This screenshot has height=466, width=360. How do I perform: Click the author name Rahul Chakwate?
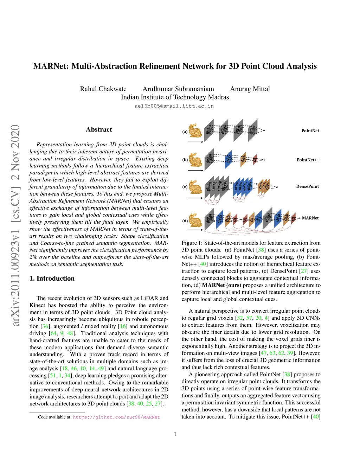click(x=103, y=89)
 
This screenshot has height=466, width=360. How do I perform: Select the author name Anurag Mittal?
click(x=250, y=89)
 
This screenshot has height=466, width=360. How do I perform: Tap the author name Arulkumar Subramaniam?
click(x=178, y=89)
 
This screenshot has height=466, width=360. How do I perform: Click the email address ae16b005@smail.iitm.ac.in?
click(x=174, y=106)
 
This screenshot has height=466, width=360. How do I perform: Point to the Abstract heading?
click(x=99, y=129)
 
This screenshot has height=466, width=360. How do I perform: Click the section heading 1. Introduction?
click(x=52, y=279)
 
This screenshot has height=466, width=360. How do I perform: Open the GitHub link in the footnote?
click(x=116, y=417)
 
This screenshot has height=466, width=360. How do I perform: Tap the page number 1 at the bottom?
click(x=175, y=434)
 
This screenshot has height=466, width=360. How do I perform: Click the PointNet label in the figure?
click(x=310, y=131)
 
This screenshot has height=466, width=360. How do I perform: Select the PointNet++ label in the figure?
click(x=308, y=160)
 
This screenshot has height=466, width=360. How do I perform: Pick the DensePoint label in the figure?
click(x=308, y=186)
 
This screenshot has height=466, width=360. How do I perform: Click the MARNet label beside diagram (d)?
click(x=310, y=218)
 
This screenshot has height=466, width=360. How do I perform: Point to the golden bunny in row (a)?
click(x=195, y=130)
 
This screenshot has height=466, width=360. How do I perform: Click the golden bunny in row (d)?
click(x=195, y=221)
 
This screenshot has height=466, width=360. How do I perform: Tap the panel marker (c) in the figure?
click(x=185, y=187)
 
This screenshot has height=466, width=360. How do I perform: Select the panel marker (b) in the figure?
click(x=185, y=160)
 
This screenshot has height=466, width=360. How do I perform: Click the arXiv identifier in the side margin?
click(x=15, y=225)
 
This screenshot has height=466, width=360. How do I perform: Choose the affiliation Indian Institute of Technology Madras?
click(x=175, y=97)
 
